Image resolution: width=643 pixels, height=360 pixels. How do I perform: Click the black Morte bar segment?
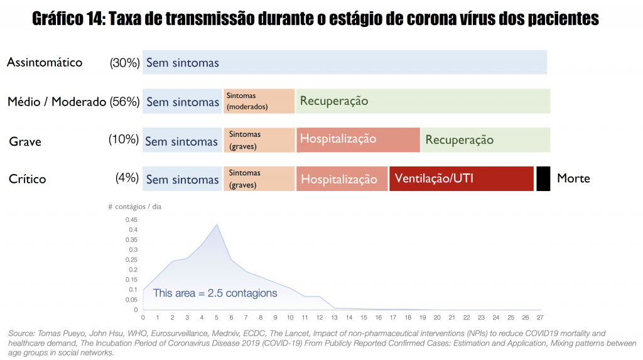tap(543, 178)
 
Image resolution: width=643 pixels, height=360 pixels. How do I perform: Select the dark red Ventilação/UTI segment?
tap(461, 178)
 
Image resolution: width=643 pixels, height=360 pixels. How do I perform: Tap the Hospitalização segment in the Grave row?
tap(357, 139)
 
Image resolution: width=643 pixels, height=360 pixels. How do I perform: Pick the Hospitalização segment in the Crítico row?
tap(342, 178)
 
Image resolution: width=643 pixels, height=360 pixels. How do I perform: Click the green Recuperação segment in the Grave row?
tap(485, 139)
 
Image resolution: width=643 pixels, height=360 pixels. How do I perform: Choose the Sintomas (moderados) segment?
tap(259, 101)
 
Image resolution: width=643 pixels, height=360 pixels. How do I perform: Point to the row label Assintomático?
tap(45, 62)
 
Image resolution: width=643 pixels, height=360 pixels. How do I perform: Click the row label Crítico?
tap(27, 179)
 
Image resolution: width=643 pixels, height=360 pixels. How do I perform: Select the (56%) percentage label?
tap(124, 102)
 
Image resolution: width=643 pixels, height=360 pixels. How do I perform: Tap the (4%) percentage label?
tap(127, 178)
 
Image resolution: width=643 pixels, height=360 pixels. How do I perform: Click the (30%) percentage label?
tap(124, 63)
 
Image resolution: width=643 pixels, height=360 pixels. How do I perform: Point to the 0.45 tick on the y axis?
tap(131, 219)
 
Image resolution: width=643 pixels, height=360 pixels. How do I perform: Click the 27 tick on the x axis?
tap(540, 317)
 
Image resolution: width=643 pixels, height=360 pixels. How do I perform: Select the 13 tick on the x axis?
tap(334, 317)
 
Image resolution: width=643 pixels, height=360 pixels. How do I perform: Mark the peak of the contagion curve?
tap(217, 224)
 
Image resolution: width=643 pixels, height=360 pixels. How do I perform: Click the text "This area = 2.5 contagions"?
tap(215, 293)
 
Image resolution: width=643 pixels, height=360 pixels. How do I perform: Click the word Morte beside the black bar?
tap(573, 178)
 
